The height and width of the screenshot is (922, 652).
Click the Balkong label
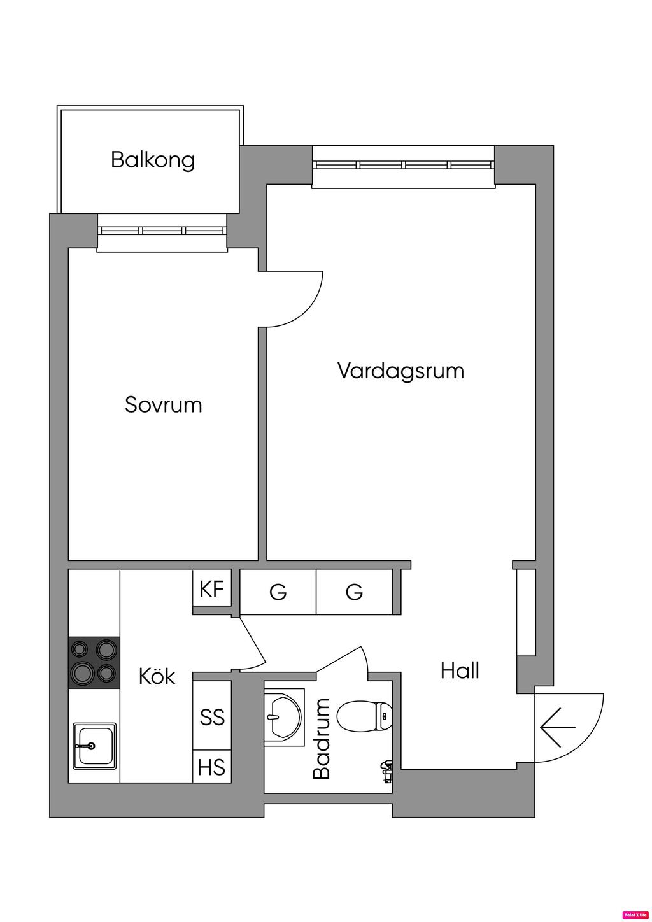click(153, 159)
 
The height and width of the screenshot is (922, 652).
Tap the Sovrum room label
click(164, 404)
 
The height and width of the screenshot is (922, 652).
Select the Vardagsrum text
click(400, 370)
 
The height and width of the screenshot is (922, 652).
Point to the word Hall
click(460, 670)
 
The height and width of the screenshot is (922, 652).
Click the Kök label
click(157, 676)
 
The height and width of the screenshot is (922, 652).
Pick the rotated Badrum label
click(322, 739)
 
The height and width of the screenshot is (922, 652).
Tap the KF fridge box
click(212, 589)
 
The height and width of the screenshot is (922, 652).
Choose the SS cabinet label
click(212, 717)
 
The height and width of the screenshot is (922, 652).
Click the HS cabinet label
click(212, 767)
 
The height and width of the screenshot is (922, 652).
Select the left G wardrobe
click(278, 592)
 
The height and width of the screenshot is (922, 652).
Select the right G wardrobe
click(355, 592)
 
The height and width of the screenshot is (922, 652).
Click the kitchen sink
click(94, 745)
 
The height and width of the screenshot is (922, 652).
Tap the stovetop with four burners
click(94, 662)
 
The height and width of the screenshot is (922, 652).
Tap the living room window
click(404, 165)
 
